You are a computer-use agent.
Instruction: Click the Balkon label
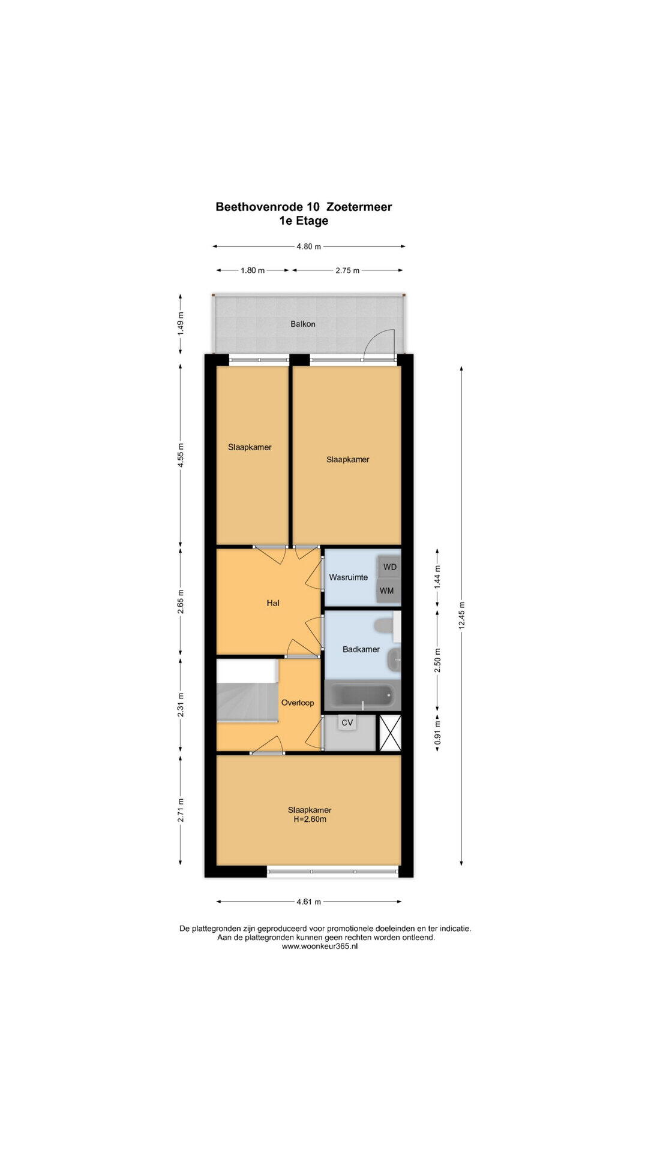tap(303, 324)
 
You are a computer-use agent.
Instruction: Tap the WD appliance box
tap(389, 567)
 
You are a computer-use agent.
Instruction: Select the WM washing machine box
tap(388, 590)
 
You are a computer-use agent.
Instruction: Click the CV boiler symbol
tap(347, 723)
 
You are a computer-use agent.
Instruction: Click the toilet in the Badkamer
tap(385, 626)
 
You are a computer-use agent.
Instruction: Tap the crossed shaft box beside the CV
tap(390, 733)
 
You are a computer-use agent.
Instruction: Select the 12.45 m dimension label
tap(461, 616)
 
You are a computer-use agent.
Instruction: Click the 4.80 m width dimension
tap(309, 246)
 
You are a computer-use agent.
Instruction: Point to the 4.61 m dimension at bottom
tap(309, 901)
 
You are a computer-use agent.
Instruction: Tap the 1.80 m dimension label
tap(253, 270)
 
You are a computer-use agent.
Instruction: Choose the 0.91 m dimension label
tap(437, 732)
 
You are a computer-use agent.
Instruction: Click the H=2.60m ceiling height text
tap(310, 819)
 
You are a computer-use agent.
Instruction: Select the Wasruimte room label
tap(348, 577)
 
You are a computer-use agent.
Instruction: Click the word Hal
tap(273, 603)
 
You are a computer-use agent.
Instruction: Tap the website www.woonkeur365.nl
tap(320, 947)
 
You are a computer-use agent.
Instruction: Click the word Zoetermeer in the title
tap(359, 207)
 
